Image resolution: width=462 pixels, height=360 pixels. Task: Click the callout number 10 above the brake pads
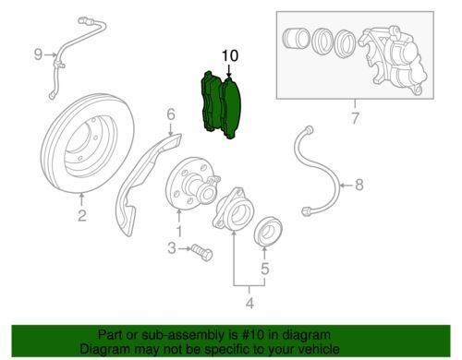click(x=230, y=56)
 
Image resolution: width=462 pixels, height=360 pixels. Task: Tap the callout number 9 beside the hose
click(x=38, y=54)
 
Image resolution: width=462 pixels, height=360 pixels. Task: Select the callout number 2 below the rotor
click(x=81, y=215)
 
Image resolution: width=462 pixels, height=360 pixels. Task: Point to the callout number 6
click(x=171, y=114)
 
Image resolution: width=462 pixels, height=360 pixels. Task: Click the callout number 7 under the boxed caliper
click(x=355, y=118)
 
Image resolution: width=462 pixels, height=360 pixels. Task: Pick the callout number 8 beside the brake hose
click(x=359, y=185)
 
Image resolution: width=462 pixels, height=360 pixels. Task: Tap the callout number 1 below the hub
click(x=179, y=231)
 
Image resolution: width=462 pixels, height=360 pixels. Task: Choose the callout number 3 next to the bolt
click(x=172, y=248)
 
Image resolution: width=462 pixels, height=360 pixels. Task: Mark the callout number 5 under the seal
click(x=265, y=269)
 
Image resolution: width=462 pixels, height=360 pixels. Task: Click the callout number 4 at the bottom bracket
click(x=249, y=303)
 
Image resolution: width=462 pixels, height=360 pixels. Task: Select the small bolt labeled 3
click(x=202, y=253)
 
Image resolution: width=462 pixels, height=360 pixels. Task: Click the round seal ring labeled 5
click(x=268, y=232)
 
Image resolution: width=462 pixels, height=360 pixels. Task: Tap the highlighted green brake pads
click(x=221, y=105)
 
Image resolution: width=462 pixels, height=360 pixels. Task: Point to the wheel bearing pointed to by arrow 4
click(x=233, y=208)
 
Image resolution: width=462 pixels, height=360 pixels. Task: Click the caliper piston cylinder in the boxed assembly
click(x=296, y=39)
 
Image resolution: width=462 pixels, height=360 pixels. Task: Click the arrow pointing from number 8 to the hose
click(x=346, y=186)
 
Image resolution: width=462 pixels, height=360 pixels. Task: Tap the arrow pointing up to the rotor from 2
click(x=81, y=199)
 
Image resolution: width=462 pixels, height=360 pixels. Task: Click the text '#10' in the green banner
click(x=253, y=334)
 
